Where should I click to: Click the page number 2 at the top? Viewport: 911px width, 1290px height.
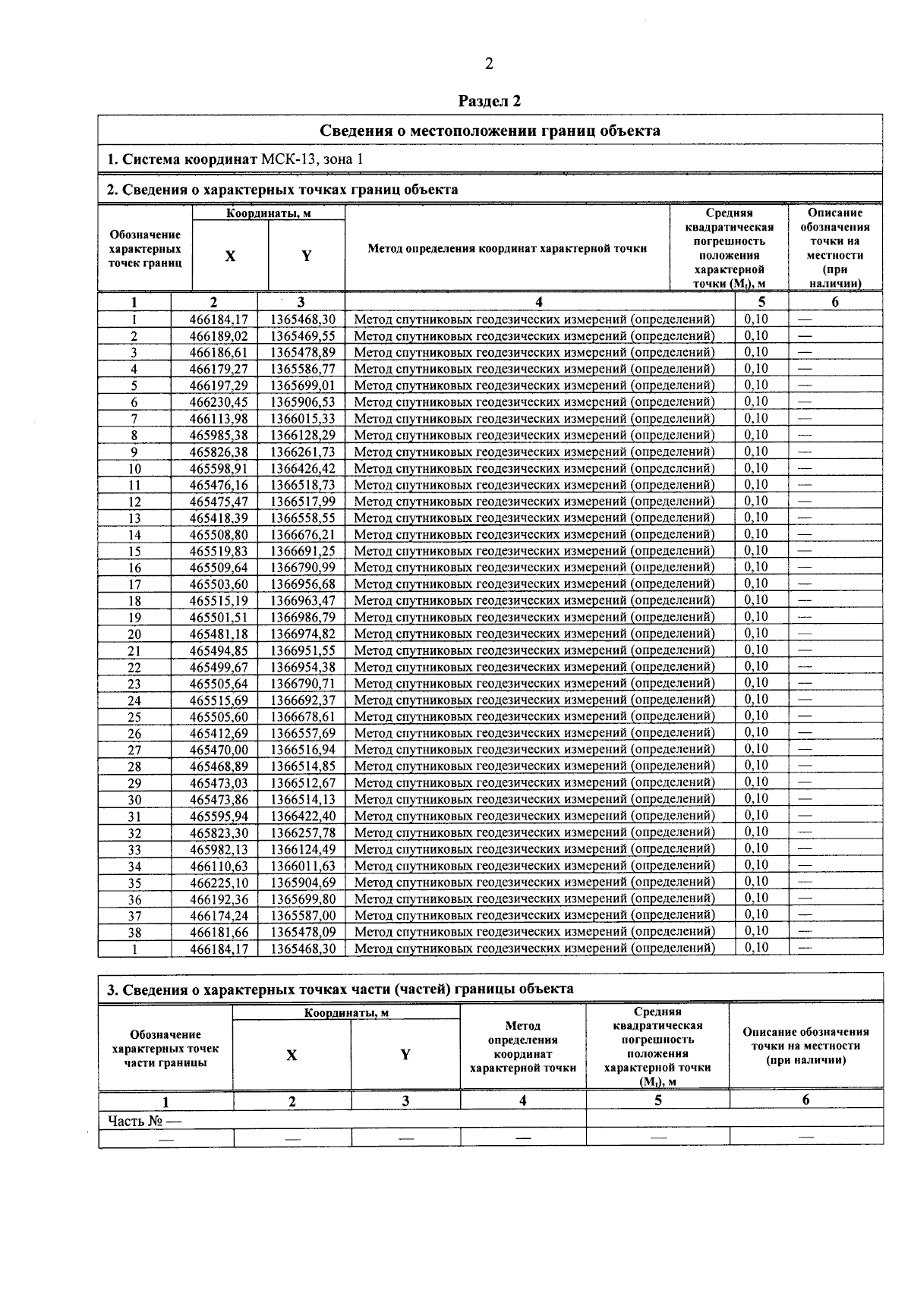489,64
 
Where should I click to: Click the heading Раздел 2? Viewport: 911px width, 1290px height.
490,101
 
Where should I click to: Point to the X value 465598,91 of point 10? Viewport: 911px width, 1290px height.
219,468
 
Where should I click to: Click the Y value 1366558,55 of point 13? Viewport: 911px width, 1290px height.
303,518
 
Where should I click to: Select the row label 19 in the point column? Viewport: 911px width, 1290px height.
134,618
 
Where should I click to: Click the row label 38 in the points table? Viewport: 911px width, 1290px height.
134,933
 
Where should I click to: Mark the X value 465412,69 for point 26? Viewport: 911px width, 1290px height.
219,733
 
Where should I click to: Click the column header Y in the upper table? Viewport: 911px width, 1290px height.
306,256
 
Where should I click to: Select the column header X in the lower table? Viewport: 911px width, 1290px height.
292,1056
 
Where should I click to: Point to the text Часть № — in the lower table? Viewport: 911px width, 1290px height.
144,1121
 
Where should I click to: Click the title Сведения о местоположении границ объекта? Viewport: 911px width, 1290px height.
490,131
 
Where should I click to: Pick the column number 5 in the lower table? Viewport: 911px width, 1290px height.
657,1100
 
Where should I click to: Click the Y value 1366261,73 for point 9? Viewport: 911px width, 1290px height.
303,451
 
